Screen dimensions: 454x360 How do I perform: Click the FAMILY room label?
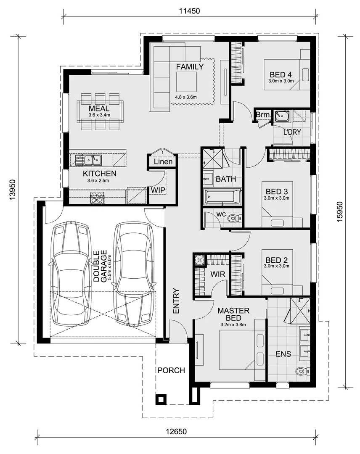[x=190, y=66]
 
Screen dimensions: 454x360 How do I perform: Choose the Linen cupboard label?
[x=163, y=162]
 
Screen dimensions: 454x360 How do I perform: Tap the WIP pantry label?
[x=158, y=190]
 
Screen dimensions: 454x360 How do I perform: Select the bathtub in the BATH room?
[x=222, y=196]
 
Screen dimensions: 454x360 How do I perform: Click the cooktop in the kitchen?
[x=97, y=197]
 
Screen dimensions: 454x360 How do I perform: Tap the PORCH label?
[x=171, y=370]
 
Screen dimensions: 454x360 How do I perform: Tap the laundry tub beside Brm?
[x=281, y=115]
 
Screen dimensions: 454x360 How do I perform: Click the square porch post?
[x=161, y=399]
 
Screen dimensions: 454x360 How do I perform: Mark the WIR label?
[x=218, y=274]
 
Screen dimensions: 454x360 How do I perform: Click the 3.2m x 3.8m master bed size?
[x=233, y=325]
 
